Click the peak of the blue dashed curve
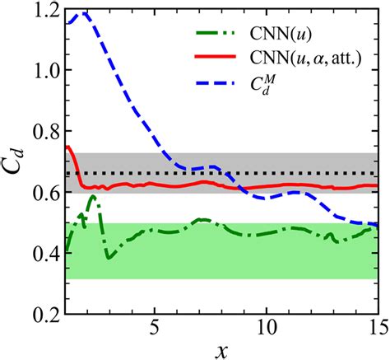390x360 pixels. point(84,12)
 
